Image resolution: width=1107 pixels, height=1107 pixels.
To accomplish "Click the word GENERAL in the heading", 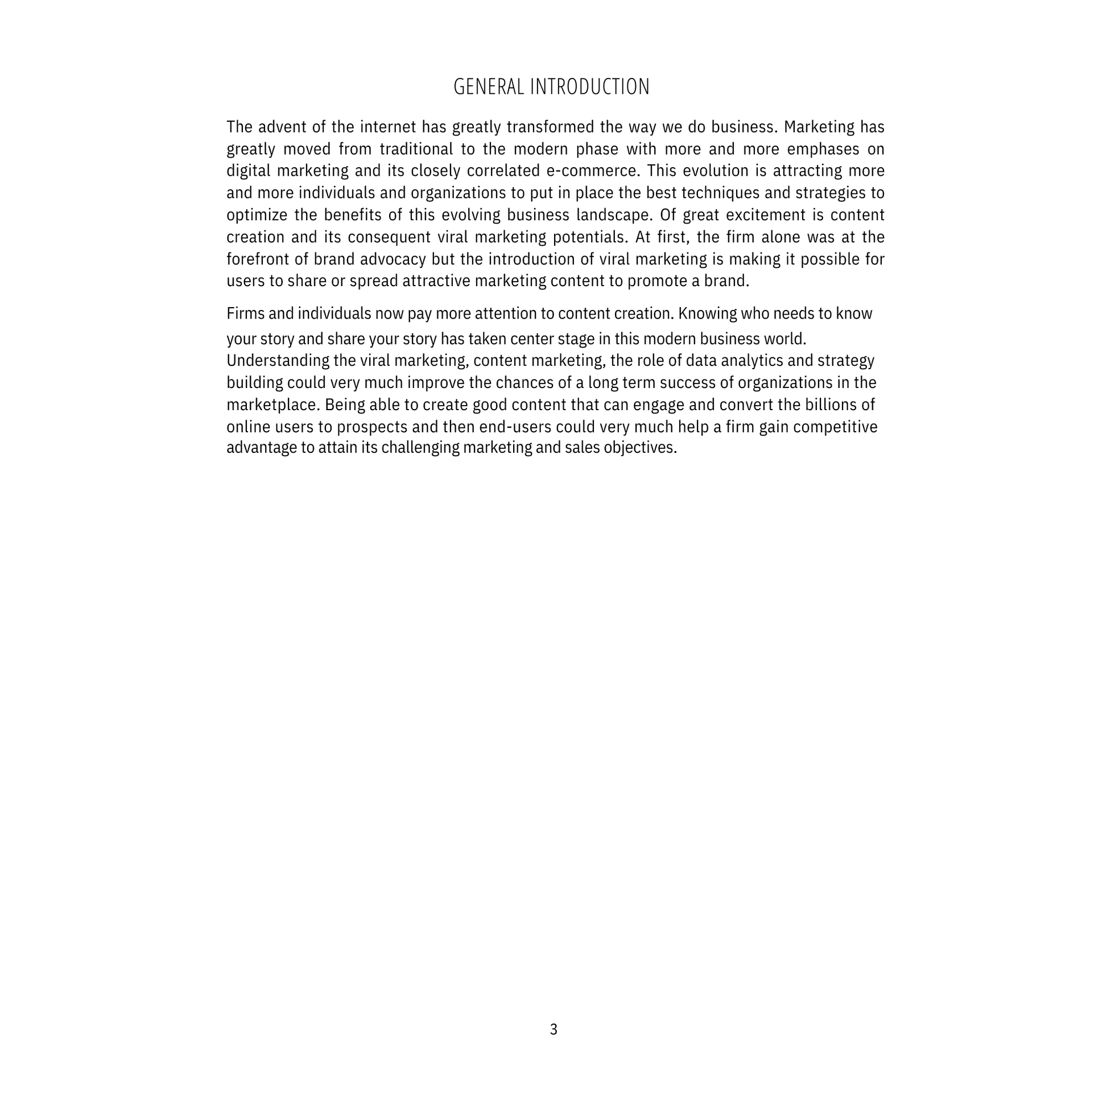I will [488, 87].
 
